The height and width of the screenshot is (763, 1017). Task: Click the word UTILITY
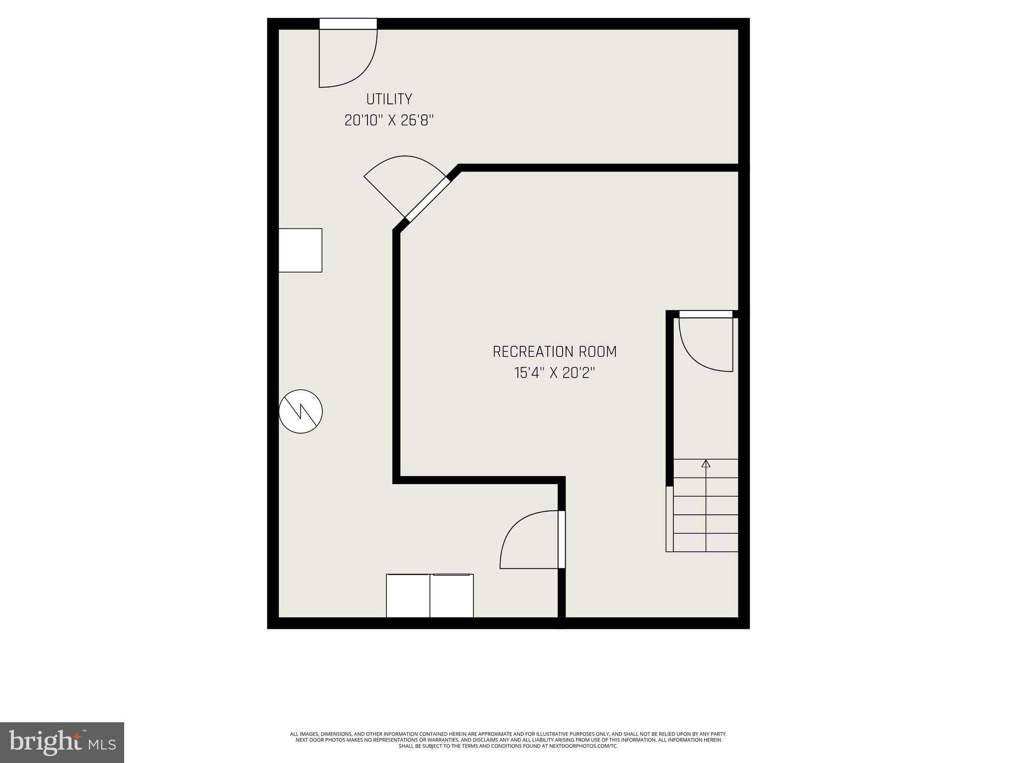click(x=389, y=99)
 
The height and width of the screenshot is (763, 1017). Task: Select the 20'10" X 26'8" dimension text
click(x=389, y=121)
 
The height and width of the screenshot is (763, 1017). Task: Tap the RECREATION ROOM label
click(x=554, y=352)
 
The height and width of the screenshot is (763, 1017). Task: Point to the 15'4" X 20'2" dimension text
click(x=554, y=373)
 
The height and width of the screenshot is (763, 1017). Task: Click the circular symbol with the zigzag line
click(x=300, y=411)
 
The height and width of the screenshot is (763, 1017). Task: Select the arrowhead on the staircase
click(x=706, y=464)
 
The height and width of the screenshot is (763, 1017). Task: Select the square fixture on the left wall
click(x=300, y=250)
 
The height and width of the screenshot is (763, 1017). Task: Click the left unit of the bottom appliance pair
click(x=408, y=596)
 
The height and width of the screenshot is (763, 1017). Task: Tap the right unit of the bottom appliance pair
click(x=451, y=596)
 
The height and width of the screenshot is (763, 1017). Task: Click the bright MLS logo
click(x=62, y=742)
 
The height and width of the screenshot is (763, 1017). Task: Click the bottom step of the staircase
click(x=706, y=542)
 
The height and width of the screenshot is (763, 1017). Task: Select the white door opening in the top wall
click(x=348, y=24)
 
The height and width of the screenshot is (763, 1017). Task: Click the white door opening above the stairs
click(x=706, y=314)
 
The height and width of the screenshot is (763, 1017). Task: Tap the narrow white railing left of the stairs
click(x=669, y=519)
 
